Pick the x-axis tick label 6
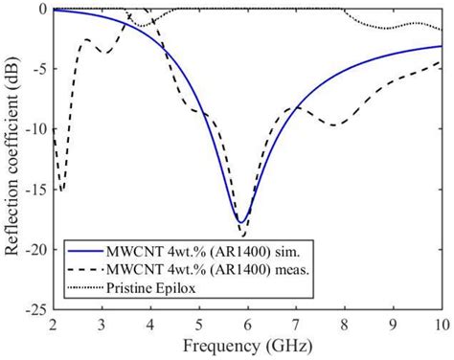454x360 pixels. coord(247,324)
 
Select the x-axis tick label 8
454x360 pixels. coord(344,324)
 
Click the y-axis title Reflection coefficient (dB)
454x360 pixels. coord(13,159)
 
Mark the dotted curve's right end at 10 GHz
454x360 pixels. coord(441,30)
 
